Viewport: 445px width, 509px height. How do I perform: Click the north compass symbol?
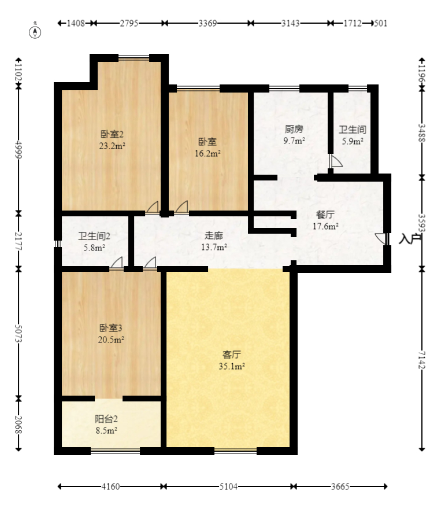[x=36, y=31]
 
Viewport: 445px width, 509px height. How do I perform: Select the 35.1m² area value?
[x=232, y=366]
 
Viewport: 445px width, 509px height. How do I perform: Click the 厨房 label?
[x=294, y=129]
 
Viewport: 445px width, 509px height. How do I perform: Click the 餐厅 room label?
[x=325, y=214]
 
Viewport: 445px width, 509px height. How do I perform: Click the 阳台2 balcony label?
[x=106, y=419]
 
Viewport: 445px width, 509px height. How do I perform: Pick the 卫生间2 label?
[x=94, y=236]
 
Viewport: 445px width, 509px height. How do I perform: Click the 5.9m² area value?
[x=352, y=141]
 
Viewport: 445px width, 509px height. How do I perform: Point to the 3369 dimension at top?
[x=207, y=23]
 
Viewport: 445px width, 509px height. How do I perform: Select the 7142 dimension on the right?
[x=422, y=360]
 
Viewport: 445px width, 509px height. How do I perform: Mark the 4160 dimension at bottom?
[x=111, y=486]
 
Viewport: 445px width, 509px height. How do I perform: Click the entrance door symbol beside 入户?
[x=381, y=239]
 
